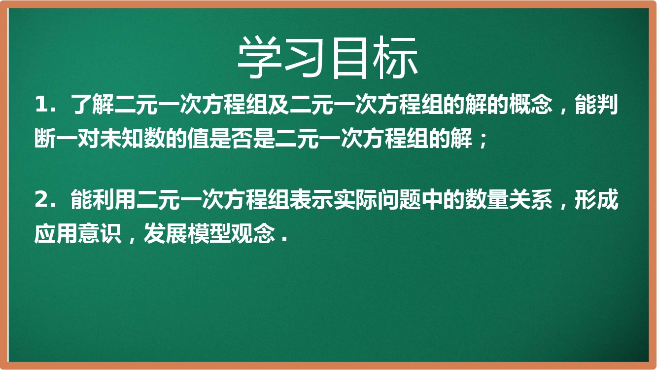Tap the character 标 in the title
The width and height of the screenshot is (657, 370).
(395, 58)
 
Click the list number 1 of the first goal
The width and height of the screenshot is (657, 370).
(41, 104)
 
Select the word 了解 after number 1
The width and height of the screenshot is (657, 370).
(92, 104)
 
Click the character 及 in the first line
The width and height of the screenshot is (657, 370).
(278, 104)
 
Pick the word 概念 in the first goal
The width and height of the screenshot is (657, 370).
(530, 104)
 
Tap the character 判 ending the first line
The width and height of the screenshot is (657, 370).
(607, 104)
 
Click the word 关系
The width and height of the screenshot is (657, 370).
(530, 200)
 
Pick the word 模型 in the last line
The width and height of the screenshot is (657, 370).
(209, 233)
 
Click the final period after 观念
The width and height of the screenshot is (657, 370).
(283, 239)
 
